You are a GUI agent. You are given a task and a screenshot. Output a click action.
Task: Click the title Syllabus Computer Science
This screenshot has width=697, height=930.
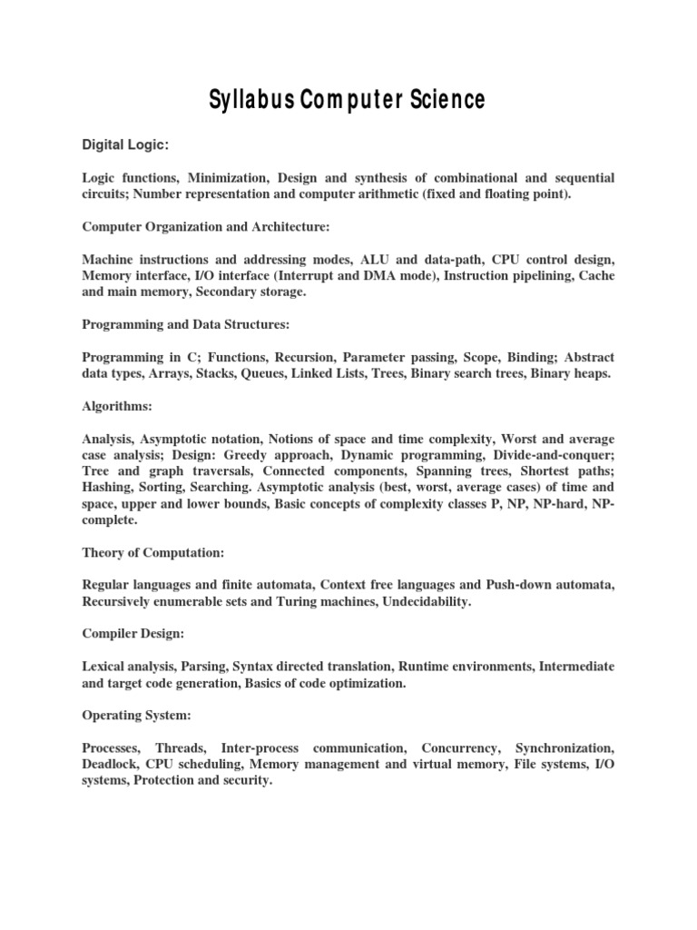coord(348,99)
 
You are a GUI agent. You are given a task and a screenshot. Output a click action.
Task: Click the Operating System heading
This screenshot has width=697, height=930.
coord(137,717)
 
